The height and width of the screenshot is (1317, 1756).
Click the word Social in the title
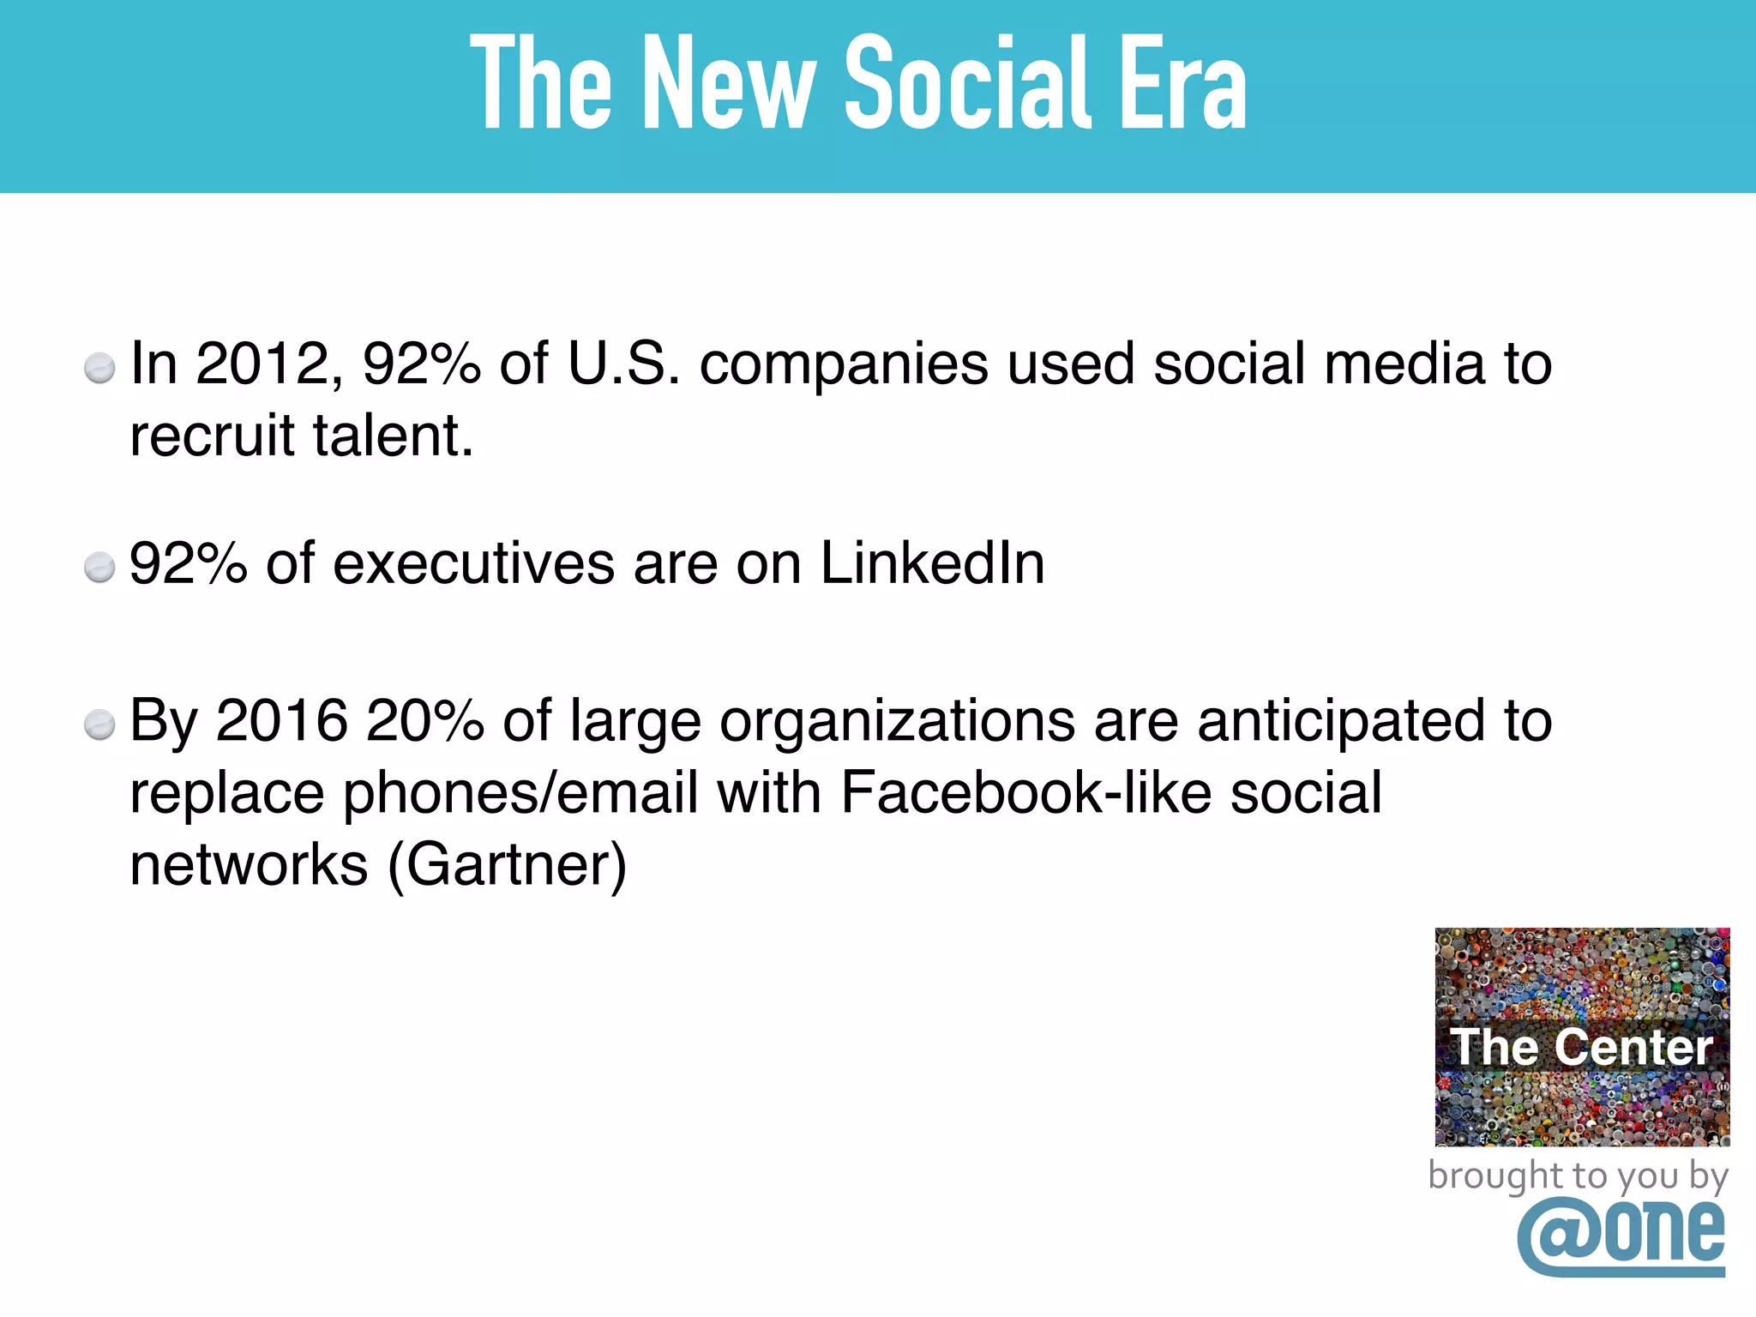click(969, 83)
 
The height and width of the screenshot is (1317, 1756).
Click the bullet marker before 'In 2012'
click(99, 368)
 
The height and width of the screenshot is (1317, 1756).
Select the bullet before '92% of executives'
click(99, 568)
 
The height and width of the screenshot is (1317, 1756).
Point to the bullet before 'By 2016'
click(99, 725)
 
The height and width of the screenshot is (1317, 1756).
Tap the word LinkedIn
click(932, 563)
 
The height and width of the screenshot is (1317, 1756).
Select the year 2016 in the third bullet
click(282, 720)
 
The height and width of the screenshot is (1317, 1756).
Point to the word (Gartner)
click(508, 864)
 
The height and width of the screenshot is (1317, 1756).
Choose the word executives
click(473, 563)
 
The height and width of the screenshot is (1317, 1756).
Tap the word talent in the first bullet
click(392, 436)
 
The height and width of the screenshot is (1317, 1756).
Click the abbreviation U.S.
click(623, 364)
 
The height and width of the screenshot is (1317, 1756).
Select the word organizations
click(897, 722)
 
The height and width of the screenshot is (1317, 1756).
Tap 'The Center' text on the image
click(1581, 1047)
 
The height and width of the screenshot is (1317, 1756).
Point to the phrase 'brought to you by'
click(1578, 1176)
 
